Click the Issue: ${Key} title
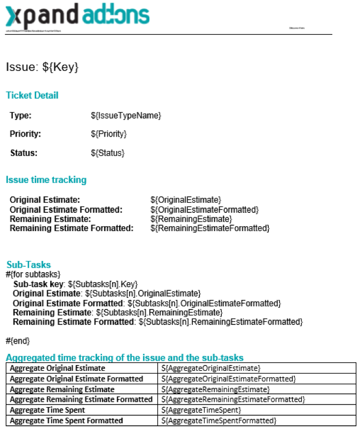[42, 67]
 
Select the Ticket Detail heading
[32, 96]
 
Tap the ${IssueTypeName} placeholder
[126, 115]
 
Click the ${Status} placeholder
[108, 153]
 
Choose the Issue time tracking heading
[46, 180]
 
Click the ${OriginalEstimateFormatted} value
[204, 210]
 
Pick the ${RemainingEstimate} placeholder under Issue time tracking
[191, 219]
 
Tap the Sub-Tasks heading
[29, 265]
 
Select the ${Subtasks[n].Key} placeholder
[103, 284]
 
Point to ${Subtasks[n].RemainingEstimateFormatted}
[220, 322]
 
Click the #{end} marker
[18, 340]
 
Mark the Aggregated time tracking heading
[124, 357]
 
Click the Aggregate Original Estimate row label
[58, 368]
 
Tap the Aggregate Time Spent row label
[47, 410]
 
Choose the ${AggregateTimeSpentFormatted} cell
[220, 420]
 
